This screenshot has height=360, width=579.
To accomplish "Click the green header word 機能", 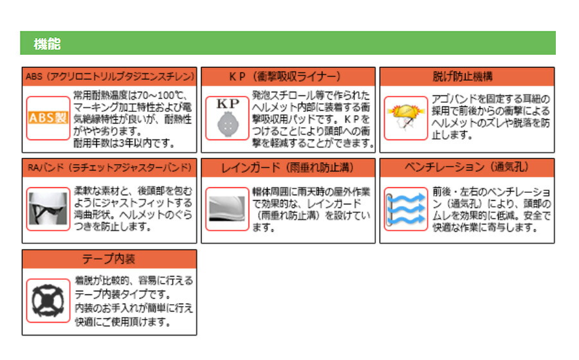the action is [x=47, y=44].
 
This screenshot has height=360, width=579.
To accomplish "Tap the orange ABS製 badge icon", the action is [x=48, y=118].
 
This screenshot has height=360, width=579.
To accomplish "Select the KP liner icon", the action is [x=228, y=118].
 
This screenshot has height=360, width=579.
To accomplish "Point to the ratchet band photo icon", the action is [x=48, y=209].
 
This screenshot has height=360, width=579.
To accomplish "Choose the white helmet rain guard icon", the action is [x=227, y=209].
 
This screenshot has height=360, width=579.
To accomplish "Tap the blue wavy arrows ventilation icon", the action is [x=406, y=209].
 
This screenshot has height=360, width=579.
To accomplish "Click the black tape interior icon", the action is [x=48, y=301].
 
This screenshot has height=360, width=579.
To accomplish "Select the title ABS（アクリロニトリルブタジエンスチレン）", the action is [x=109, y=76].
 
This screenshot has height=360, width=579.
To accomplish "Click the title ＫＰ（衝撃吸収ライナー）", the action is [x=285, y=76].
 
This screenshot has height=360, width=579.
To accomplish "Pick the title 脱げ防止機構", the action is [x=463, y=76].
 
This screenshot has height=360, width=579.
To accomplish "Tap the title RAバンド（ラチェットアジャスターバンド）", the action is [x=109, y=168].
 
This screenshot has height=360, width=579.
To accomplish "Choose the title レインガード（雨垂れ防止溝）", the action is [x=288, y=168].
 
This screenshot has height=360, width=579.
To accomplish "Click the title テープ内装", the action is [x=109, y=259].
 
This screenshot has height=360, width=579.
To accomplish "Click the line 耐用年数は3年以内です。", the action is [x=124, y=143].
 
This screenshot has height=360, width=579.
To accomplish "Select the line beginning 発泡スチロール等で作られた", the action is [x=311, y=95].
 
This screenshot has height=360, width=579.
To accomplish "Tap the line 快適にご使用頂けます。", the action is [x=123, y=321].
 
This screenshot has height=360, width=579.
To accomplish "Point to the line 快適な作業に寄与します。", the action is [x=485, y=228].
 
